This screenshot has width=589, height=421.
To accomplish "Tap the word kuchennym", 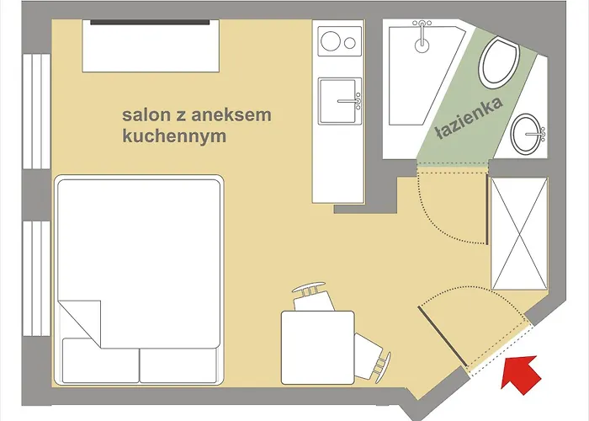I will pyautogui.click(x=174, y=136).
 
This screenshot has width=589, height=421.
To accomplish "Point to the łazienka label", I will pyautogui.click(x=470, y=119).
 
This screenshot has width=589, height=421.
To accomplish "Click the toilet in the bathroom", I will pyautogui.click(x=497, y=64).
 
